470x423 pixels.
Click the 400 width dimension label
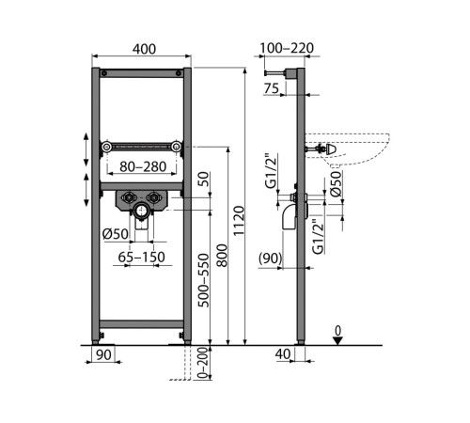pyautogui.click(x=144, y=49)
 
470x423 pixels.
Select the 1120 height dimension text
pyautogui.click(x=239, y=221)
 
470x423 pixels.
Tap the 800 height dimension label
pyautogui.click(x=222, y=256)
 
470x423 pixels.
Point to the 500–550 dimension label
pyautogui.click(x=204, y=280)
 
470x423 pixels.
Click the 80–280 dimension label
pyautogui.click(x=143, y=166)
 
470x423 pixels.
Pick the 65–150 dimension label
pyautogui.click(x=141, y=258)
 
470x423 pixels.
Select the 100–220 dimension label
pyautogui.click(x=287, y=48)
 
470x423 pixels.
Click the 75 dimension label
pyautogui.click(x=272, y=88)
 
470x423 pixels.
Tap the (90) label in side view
pyautogui.click(x=271, y=258)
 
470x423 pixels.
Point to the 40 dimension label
pyautogui.click(x=283, y=354)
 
